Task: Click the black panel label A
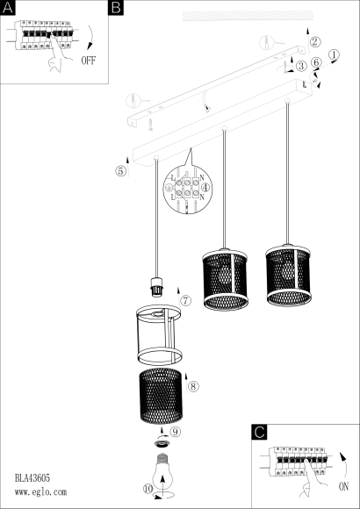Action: [8, 8]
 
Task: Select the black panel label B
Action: [116, 8]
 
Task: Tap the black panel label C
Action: [259, 432]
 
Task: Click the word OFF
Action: [89, 61]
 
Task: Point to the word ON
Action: [343, 486]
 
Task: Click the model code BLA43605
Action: [32, 477]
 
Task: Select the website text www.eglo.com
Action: [40, 492]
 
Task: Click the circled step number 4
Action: [205, 187]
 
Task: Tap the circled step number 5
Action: [120, 171]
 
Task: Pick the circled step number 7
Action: [185, 301]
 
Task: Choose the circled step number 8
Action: [193, 386]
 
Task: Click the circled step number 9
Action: [175, 432]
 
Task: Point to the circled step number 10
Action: [148, 489]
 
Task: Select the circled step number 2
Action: [314, 42]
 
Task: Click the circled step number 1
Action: [334, 54]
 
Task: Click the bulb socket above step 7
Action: [156, 286]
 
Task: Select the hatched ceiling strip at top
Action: [248, 16]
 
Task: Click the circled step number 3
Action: [301, 66]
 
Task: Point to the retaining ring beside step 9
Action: [162, 444]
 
